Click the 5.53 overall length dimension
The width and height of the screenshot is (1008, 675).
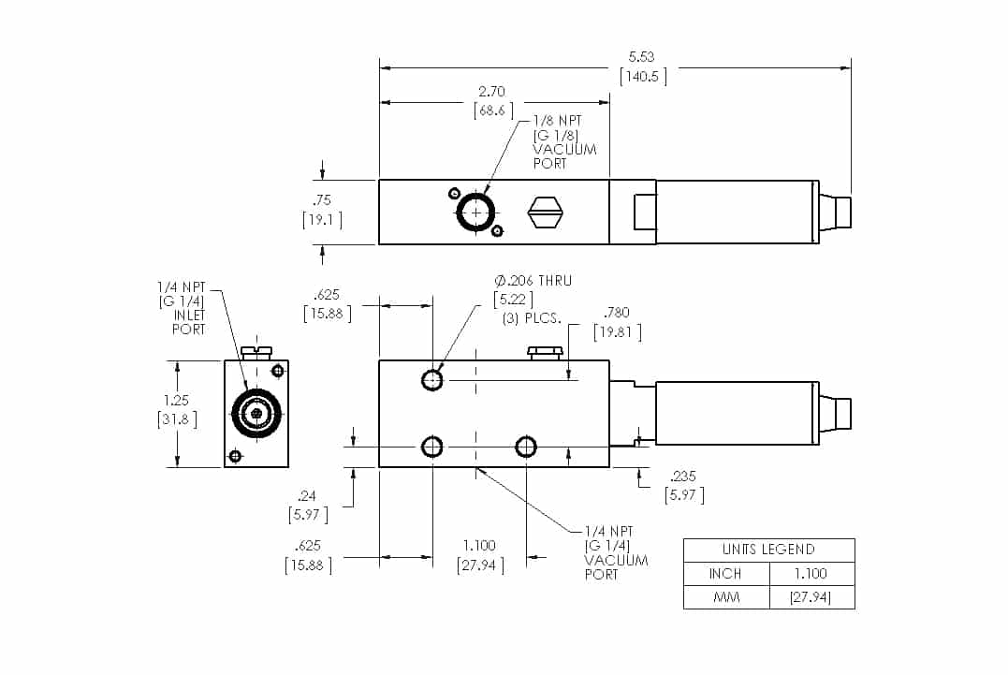(x=641, y=57)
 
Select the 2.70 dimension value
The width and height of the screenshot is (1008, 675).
(x=492, y=92)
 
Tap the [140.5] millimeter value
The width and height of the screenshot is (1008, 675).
(x=643, y=77)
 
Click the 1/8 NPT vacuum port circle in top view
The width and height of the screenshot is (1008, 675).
(x=476, y=213)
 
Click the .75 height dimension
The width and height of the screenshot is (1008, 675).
(x=322, y=199)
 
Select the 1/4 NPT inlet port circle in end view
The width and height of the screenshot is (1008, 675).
(x=256, y=413)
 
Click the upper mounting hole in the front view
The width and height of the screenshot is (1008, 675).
(x=431, y=379)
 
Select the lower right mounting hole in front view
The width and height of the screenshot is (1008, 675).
(x=526, y=447)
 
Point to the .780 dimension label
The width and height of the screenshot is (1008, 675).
(x=617, y=313)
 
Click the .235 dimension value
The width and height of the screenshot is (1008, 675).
(x=683, y=476)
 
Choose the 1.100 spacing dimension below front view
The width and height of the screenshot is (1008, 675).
(x=479, y=546)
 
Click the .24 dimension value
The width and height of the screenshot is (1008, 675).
(x=305, y=495)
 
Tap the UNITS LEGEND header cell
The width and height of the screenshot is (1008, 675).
(x=768, y=550)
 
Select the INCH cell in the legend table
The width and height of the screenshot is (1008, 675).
(x=725, y=573)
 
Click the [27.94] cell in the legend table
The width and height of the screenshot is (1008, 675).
(x=811, y=597)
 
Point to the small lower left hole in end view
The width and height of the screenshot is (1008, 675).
(x=235, y=456)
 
